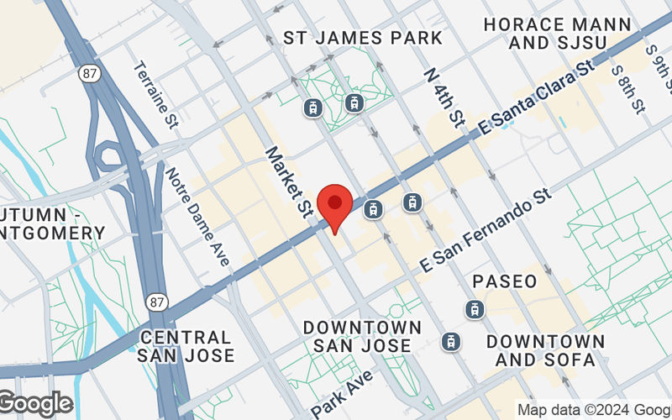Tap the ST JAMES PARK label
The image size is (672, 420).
tap(363, 38)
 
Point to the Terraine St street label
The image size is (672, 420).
tap(156, 94)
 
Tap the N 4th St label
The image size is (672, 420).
tap(445, 98)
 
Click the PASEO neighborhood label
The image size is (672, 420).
tap(504, 281)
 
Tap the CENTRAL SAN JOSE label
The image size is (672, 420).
tap(185, 345)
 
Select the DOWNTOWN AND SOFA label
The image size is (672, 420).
tap(545, 351)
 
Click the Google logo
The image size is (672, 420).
tap(35, 404)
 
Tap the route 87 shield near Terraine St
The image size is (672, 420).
tap(90, 74)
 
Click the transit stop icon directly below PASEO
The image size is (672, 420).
tap(475, 309)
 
